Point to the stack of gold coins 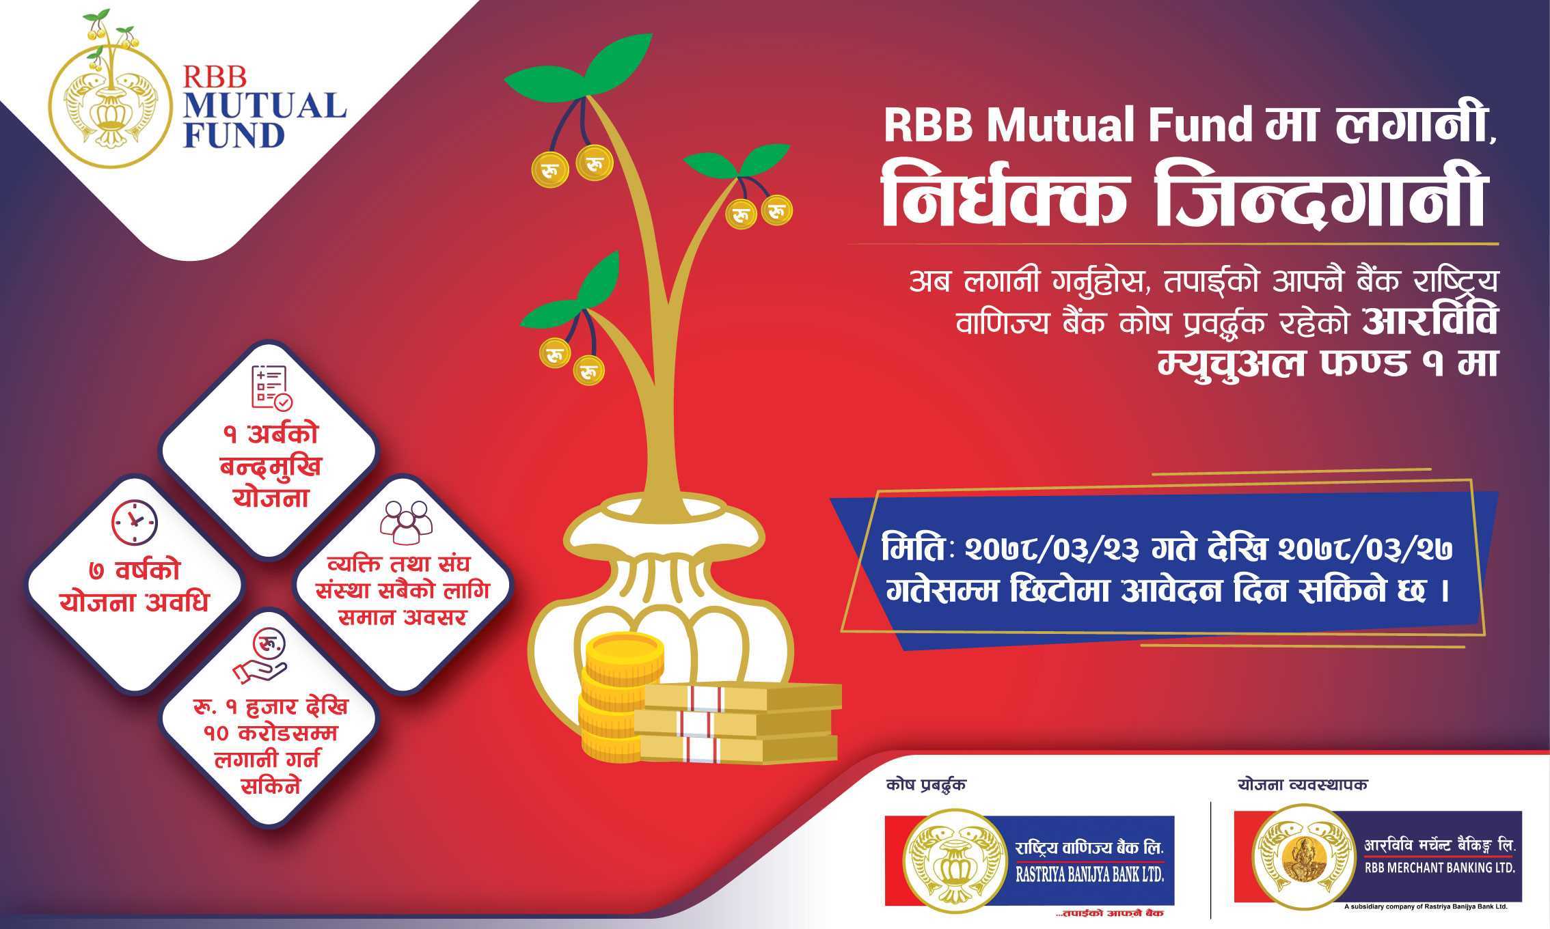tap(619, 697)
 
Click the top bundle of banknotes tap(742, 696)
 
